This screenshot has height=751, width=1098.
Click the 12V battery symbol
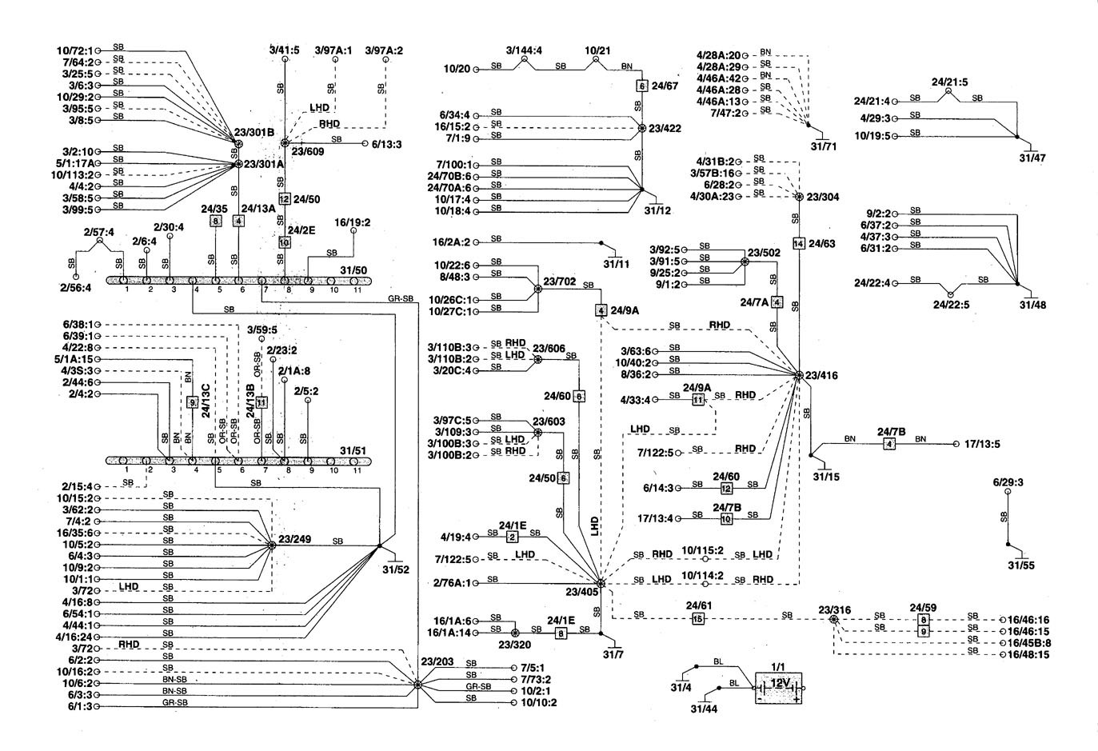[779, 687]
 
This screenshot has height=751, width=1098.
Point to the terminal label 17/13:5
[984, 444]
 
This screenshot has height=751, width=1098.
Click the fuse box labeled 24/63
[798, 243]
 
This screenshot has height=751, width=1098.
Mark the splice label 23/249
[294, 539]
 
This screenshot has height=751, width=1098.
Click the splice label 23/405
[582, 593]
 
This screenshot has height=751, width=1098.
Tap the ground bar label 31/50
[353, 270]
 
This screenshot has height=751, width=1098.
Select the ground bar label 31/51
[353, 450]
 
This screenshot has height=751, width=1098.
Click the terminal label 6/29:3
[1008, 482]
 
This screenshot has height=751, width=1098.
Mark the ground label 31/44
[705, 708]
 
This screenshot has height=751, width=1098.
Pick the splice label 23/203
[435, 661]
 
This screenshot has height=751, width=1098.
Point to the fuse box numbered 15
[697, 619]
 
